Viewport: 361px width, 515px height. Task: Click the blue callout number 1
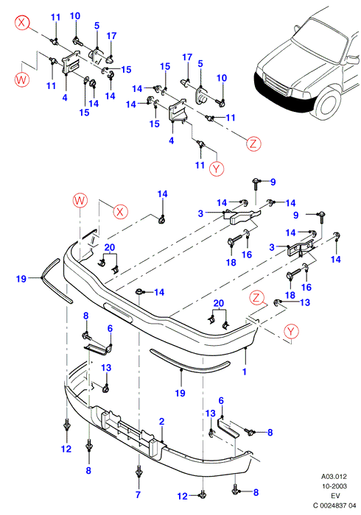coord(245,372)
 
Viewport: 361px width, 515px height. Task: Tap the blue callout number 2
coord(161,422)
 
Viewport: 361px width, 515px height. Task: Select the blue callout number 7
coord(138,494)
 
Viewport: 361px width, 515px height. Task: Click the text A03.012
coord(334,476)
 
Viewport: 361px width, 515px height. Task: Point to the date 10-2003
coord(334,486)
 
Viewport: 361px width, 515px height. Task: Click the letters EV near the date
coord(335,496)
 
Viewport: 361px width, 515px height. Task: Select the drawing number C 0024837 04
coord(334,505)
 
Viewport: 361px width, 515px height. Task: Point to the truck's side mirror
coord(352,60)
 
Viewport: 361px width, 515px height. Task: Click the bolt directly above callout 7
coord(139,473)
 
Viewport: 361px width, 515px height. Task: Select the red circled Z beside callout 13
coord(256,298)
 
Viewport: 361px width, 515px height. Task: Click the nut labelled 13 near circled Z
coord(278,302)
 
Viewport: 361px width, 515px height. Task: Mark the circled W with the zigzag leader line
coord(21,79)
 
